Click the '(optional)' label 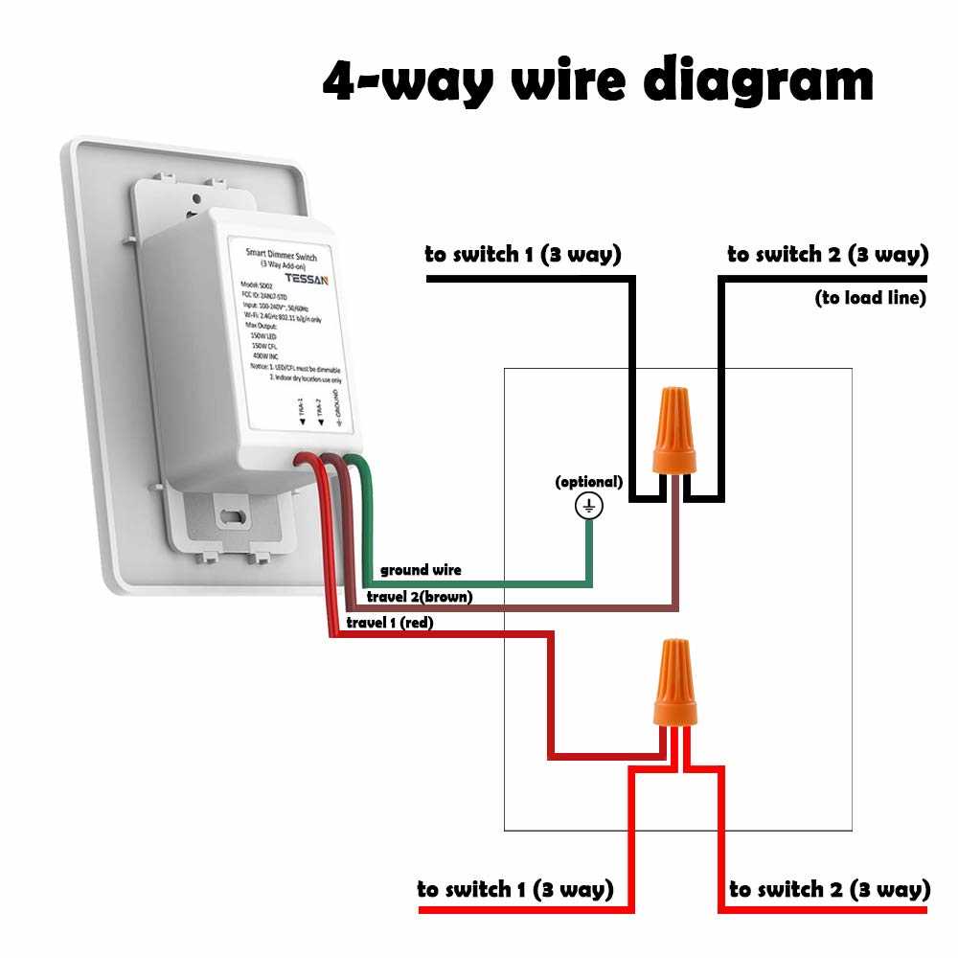(x=588, y=482)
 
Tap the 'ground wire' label (x=421, y=570)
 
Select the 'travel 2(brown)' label (x=420, y=597)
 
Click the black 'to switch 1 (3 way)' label (x=523, y=255)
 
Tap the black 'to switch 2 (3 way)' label (x=828, y=255)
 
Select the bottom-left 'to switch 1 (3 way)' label (x=515, y=889)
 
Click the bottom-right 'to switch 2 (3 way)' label (x=830, y=889)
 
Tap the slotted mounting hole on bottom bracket (x=231, y=516)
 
